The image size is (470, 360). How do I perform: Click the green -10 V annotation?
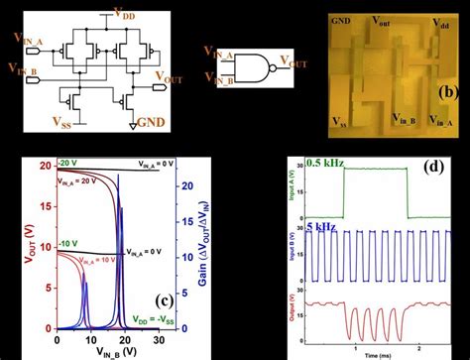pos(66,242)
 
